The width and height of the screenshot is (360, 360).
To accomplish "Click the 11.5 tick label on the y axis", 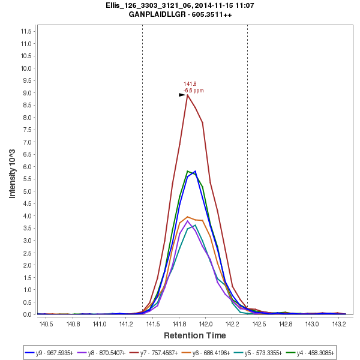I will tap(26, 31).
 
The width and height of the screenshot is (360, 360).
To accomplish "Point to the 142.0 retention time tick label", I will tap(205, 324).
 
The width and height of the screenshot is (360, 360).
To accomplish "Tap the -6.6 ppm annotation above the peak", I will tap(193, 91).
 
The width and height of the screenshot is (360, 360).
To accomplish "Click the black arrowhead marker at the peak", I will tap(182, 95).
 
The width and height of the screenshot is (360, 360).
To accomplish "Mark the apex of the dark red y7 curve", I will tap(188, 95).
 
